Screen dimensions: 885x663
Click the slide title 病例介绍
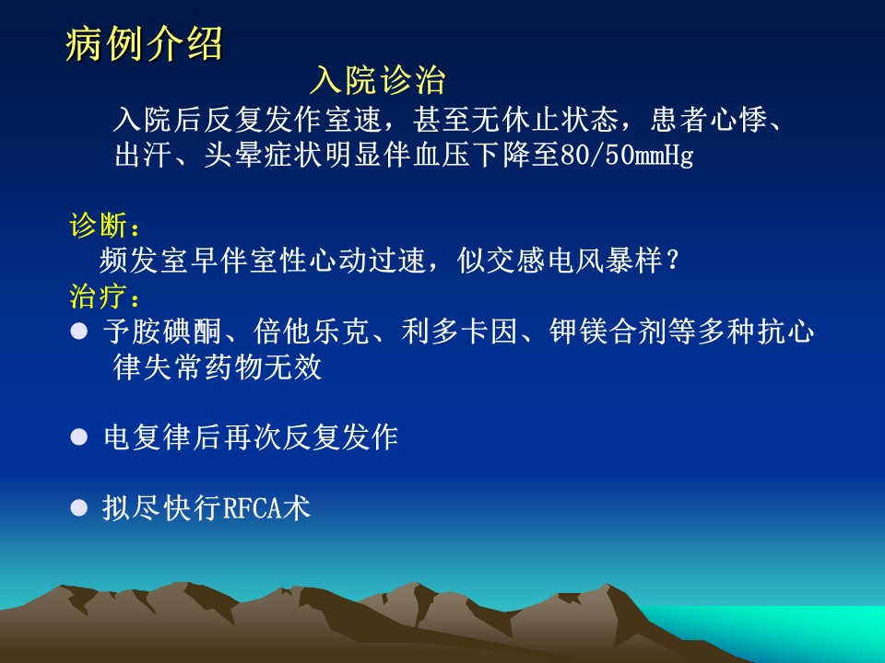pos(144,43)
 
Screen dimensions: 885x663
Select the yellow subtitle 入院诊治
pos(378,79)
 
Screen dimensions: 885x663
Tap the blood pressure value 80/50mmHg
pos(627,155)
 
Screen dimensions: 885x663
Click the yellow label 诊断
pos(99,226)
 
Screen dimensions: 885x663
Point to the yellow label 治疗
pos(99,296)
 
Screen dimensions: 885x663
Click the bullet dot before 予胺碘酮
pos(79,331)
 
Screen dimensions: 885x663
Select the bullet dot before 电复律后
pos(79,436)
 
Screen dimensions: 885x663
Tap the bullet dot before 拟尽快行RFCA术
pos(79,508)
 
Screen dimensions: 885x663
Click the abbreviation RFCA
pos(253,508)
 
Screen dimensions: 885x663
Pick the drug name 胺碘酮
pos(177,331)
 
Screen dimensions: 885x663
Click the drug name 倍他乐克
pos(312,331)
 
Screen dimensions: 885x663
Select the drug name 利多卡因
pos(459,331)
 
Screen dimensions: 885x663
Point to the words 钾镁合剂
pos(608,331)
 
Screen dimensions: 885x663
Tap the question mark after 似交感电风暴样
pos(672,261)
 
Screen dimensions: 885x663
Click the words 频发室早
pos(159,261)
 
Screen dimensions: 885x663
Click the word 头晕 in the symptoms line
pos(233,155)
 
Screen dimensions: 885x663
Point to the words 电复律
pos(147,436)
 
